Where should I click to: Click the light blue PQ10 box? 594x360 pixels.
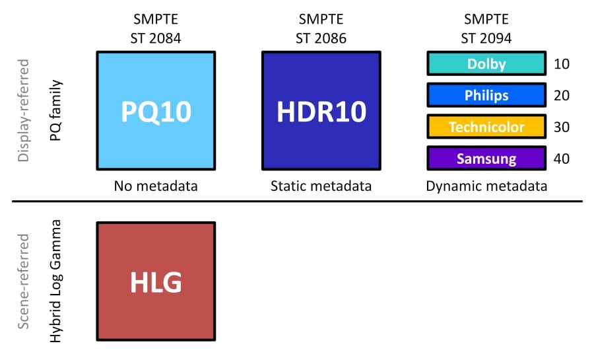click(x=156, y=111)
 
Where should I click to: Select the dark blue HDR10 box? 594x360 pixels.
click(x=321, y=111)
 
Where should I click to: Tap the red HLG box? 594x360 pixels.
click(x=156, y=281)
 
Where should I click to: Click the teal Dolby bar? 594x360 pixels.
click(x=486, y=63)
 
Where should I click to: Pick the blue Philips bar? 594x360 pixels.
click(x=486, y=95)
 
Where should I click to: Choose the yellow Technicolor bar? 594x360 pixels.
click(x=486, y=127)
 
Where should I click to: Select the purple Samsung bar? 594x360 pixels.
click(x=486, y=158)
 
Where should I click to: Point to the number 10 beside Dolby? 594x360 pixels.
click(x=562, y=63)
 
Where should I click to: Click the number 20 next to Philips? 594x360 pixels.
click(x=562, y=95)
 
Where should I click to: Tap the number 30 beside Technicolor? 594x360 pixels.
click(x=562, y=127)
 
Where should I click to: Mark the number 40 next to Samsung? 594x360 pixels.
click(x=562, y=159)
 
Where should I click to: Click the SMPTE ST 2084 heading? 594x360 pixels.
click(x=156, y=28)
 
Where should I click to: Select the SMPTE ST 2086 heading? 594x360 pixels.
click(x=321, y=28)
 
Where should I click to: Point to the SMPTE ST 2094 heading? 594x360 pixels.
click(x=486, y=28)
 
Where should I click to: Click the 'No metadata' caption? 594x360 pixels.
click(x=156, y=186)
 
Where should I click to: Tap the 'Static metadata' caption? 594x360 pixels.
click(x=321, y=186)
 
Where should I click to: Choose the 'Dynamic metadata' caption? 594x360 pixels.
click(x=486, y=186)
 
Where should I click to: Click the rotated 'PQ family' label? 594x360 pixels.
click(x=55, y=110)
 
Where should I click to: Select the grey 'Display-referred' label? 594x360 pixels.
click(x=24, y=110)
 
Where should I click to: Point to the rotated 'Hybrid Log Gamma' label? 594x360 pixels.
click(x=55, y=281)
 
